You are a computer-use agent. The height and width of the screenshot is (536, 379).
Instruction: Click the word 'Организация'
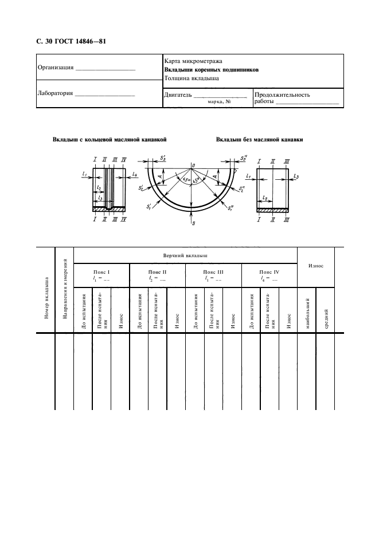click(x=56, y=68)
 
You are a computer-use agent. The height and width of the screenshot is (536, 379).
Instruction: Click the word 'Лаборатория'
click(x=56, y=93)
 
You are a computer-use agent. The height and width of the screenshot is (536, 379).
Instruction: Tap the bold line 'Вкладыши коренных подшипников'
click(x=211, y=69)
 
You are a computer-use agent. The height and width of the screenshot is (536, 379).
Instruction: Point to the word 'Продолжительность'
click(x=282, y=96)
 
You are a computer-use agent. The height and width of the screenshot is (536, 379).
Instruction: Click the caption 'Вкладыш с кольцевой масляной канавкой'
click(x=110, y=140)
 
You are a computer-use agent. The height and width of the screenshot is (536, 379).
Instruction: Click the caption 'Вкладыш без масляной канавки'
click(x=259, y=140)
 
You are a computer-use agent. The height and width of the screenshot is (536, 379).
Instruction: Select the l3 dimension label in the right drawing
click(x=296, y=178)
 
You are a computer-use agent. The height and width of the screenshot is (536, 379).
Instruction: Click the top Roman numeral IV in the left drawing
click(x=124, y=159)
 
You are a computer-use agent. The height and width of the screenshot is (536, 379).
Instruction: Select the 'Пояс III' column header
click(x=213, y=272)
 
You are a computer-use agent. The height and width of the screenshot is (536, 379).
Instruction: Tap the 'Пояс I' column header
click(x=101, y=272)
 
